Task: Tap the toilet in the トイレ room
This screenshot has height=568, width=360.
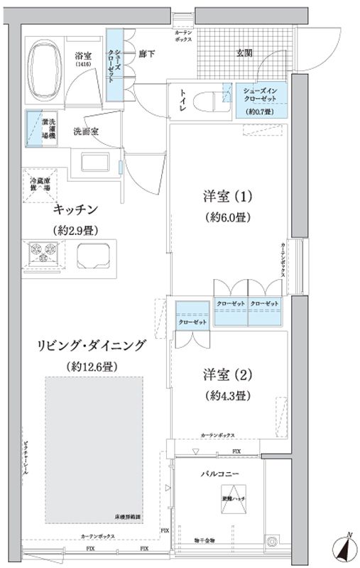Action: (x=207, y=99)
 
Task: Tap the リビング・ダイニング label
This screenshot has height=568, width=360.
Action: (x=93, y=346)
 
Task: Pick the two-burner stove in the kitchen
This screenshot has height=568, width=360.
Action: (x=42, y=252)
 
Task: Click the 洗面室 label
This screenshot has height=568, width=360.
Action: (x=86, y=132)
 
